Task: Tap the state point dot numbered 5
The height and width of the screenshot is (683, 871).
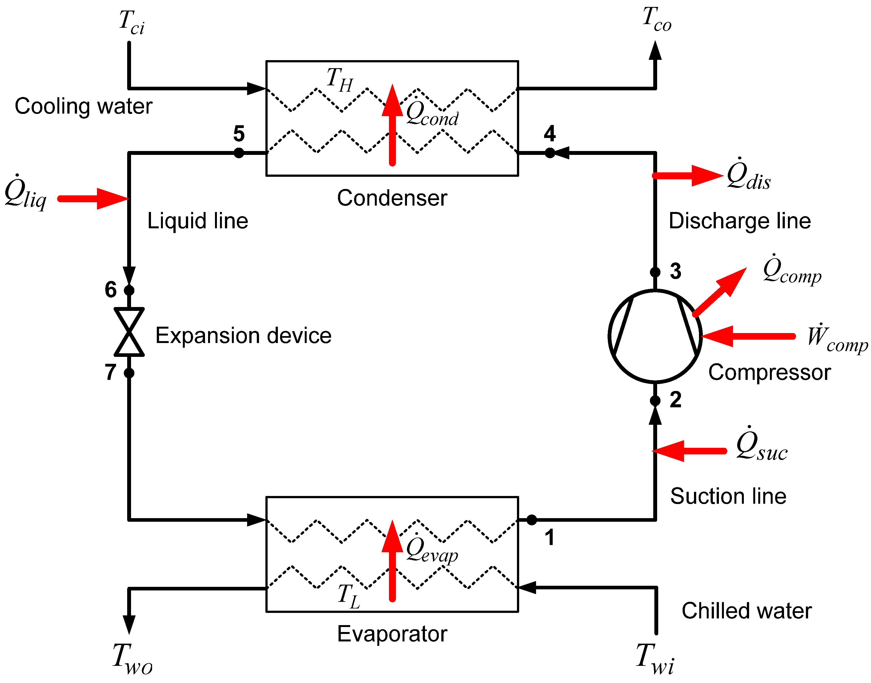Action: [239, 153]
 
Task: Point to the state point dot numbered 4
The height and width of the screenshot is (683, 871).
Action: [550, 153]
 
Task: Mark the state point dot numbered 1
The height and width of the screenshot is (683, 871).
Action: [532, 520]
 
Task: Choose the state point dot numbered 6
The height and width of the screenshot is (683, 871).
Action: [129, 290]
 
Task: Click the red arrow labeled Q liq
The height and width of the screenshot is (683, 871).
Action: [93, 199]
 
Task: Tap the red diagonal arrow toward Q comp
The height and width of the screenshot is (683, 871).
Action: [719, 292]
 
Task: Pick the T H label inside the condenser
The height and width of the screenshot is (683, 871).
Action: [340, 80]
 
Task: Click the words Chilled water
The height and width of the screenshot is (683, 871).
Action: [747, 611]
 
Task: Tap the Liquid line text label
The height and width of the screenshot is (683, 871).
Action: [198, 221]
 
